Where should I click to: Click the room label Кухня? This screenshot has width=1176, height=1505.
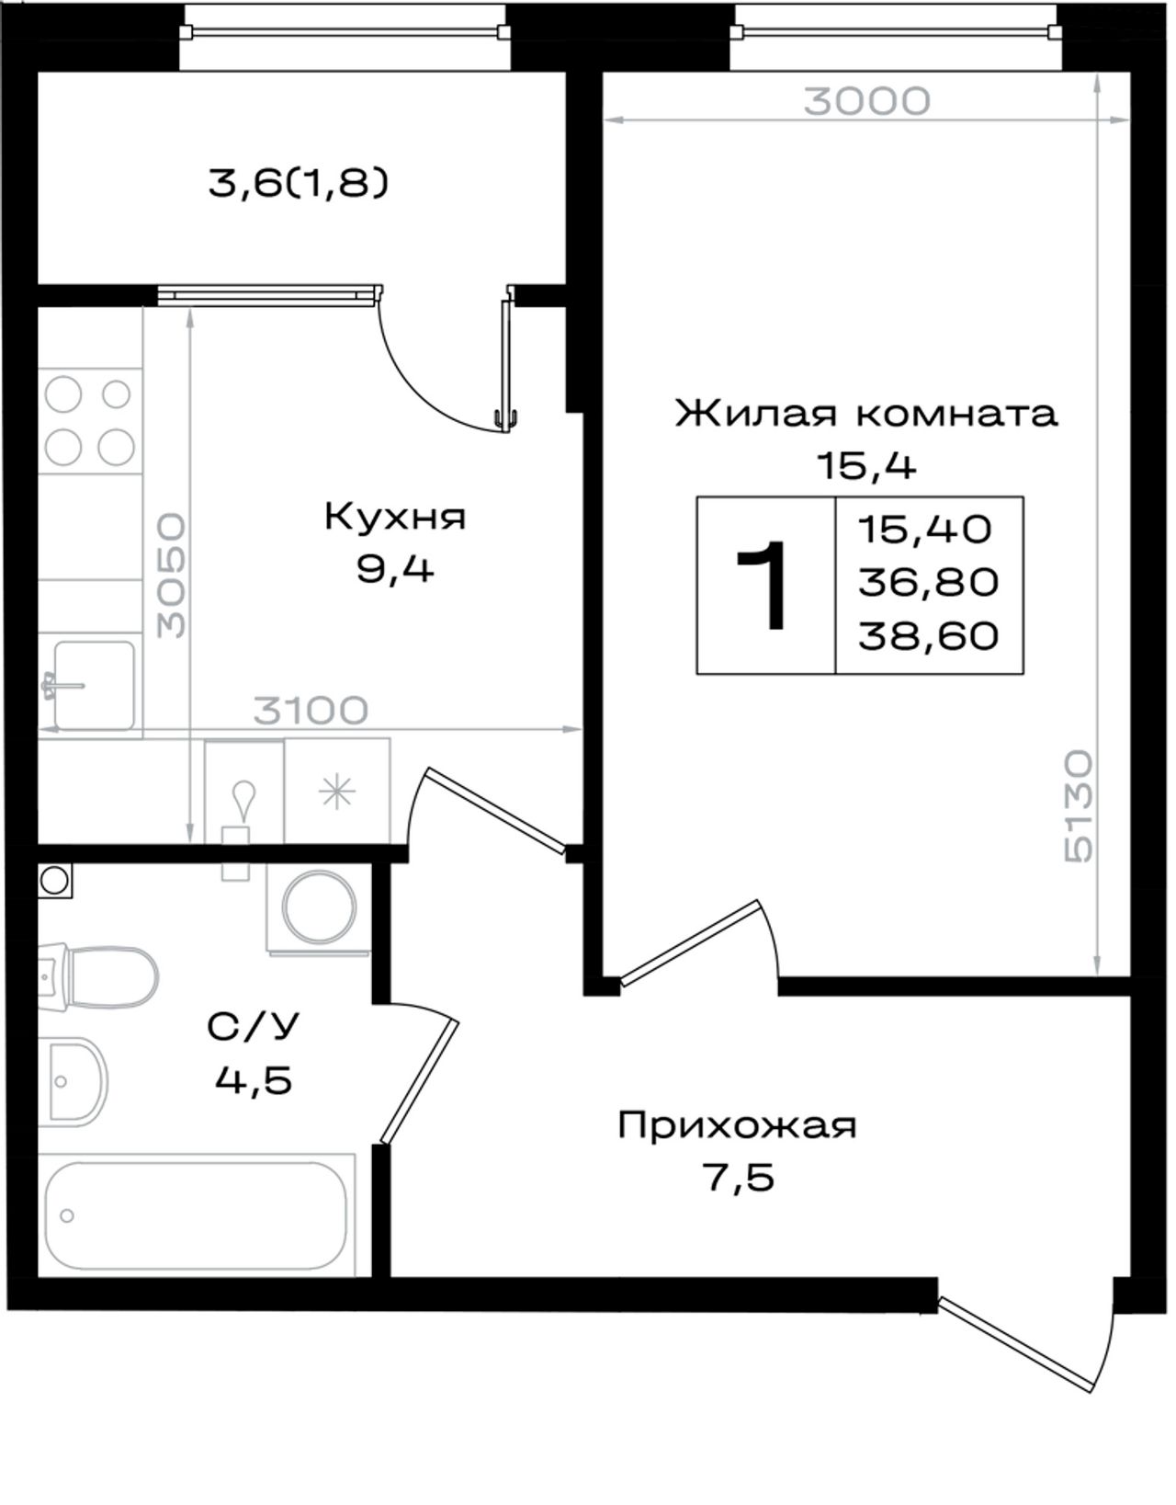point(395,518)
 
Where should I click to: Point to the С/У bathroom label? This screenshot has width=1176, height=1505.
point(253,1026)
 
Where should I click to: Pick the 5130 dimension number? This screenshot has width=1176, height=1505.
point(1079,807)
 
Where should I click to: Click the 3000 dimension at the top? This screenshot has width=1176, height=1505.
point(866,102)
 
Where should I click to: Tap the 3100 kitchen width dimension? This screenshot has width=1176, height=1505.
point(311,711)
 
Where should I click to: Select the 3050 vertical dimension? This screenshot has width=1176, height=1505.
point(172,576)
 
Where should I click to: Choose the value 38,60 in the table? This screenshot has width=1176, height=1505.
point(928,636)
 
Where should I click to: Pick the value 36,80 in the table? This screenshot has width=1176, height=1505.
point(928,583)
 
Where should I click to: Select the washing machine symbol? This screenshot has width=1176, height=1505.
point(319,909)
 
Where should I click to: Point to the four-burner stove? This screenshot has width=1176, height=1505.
point(90,421)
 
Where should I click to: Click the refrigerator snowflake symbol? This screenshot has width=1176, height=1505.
point(337,792)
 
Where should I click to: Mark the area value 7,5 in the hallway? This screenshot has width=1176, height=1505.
point(737,1178)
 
